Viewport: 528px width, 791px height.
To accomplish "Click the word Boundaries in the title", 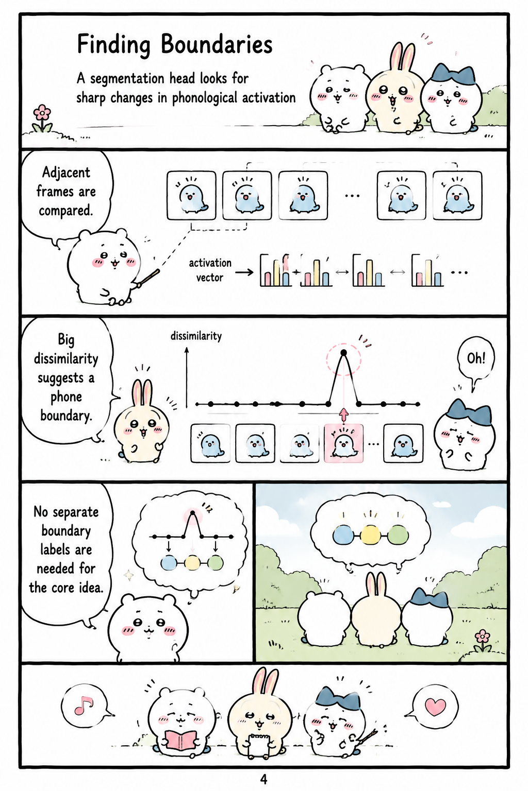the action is coord(217,44).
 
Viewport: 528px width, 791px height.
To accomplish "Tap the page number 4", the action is coord(263,779).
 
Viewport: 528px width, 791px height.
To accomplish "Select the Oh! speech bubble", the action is coord(475,359).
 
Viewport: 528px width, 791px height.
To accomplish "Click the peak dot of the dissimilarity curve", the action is coord(343,352).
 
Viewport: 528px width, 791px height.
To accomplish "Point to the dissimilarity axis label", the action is coord(196,336).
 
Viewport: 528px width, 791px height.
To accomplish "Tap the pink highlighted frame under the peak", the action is coord(344,443).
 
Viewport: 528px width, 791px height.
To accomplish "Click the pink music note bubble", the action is coord(85,706).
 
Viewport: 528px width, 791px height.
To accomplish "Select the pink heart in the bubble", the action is coord(435,706).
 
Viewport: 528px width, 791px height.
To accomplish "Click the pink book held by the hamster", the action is coord(180,741).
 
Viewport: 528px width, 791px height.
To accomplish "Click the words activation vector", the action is coord(210,270).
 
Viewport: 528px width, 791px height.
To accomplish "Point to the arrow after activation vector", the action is coord(244,272).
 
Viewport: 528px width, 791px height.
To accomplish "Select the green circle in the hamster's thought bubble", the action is coord(216,562).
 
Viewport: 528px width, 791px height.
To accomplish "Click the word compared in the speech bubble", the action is coord(66,211).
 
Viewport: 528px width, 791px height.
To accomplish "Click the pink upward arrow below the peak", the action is coord(343,415).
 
